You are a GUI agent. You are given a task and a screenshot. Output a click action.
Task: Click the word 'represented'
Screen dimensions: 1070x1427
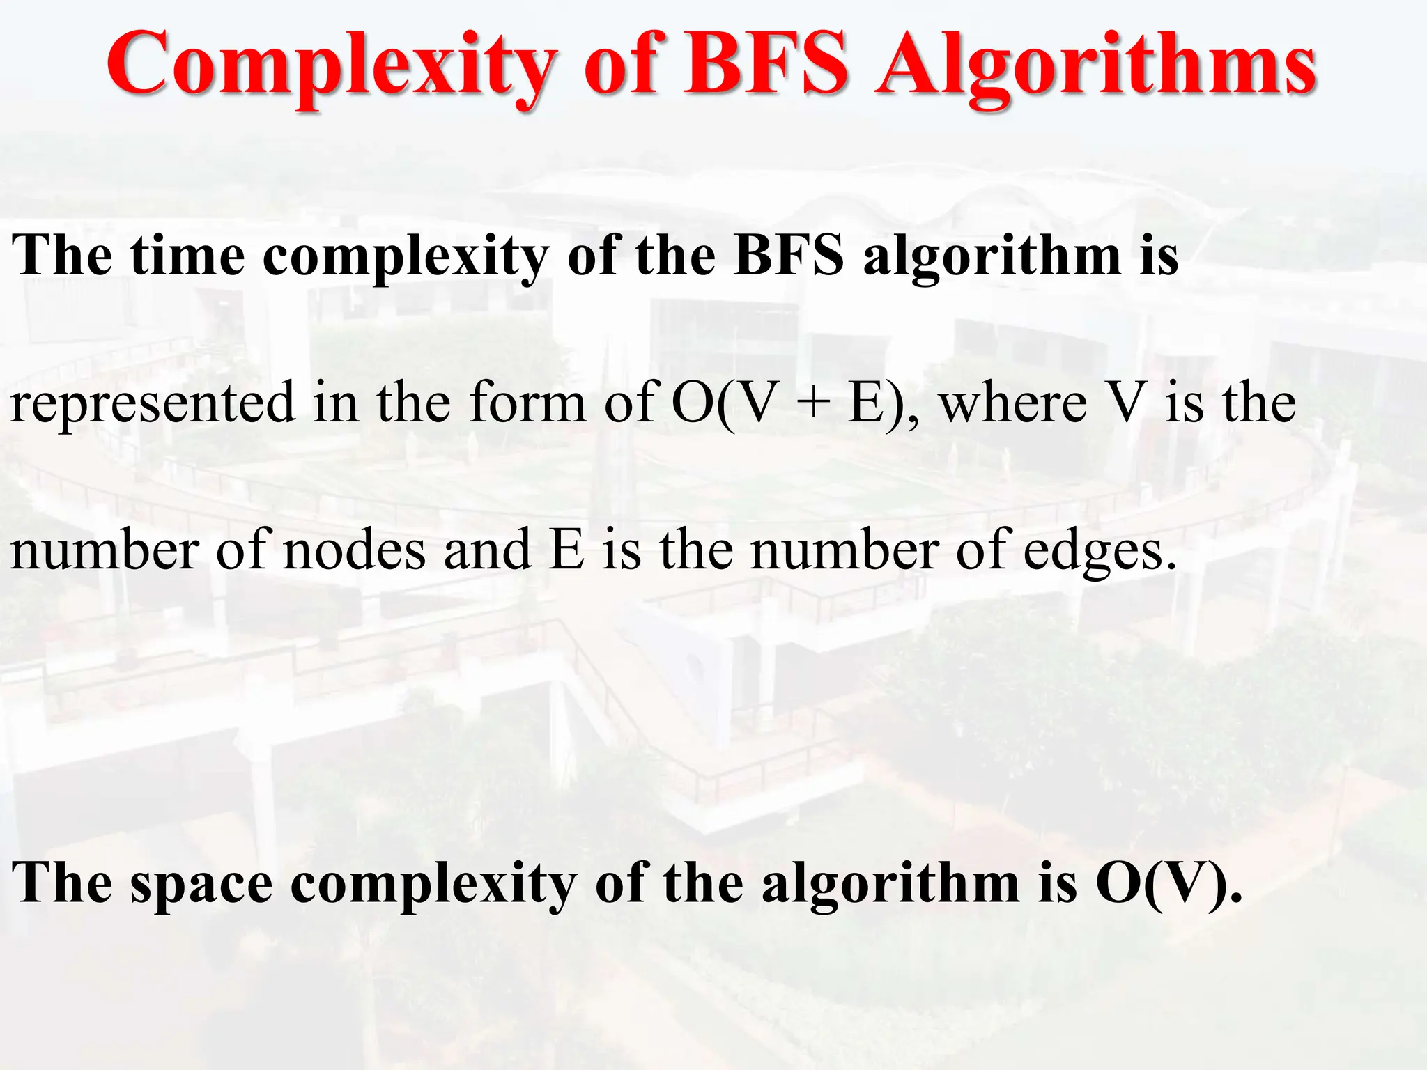[153, 403]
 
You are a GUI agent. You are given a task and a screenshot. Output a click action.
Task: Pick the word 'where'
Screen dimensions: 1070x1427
[1014, 403]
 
